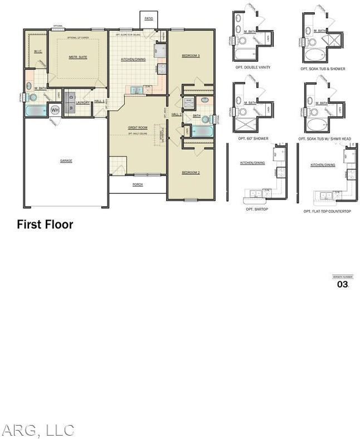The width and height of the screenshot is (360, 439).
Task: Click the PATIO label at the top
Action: coord(148,19)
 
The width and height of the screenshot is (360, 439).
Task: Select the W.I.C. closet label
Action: coord(37,51)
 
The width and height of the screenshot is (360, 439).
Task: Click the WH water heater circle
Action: coord(55,110)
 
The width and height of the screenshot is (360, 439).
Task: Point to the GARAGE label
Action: coord(66,160)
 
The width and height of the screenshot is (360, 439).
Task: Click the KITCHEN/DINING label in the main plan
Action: coord(134,59)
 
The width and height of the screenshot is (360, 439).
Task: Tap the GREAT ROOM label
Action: coord(138,128)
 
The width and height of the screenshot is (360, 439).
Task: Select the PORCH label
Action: coord(137,184)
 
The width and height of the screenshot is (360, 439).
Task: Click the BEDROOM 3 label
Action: coord(191,56)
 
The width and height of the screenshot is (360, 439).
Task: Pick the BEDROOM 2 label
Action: coord(191,173)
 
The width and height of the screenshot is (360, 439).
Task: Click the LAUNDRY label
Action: coord(83,103)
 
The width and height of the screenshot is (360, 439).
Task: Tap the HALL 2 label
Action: coord(177,114)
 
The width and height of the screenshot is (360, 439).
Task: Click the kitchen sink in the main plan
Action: coord(137,90)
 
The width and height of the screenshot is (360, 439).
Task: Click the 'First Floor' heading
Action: coord(45,225)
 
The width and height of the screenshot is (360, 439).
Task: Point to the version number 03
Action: coord(342,284)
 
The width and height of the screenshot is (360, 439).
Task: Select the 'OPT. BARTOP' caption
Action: coord(257,209)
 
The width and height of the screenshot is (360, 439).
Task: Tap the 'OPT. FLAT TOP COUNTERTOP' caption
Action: coord(327,212)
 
